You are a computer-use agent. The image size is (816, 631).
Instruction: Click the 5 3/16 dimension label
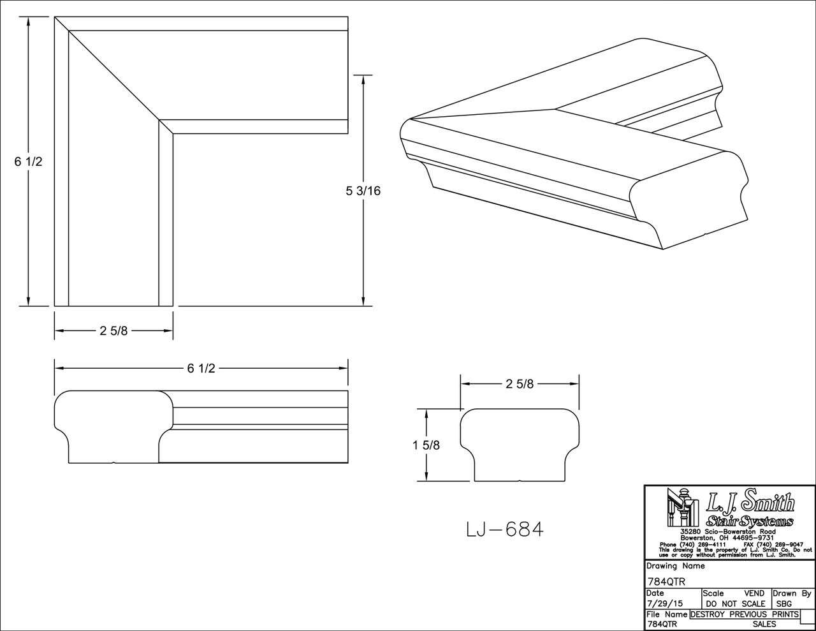[x=363, y=191]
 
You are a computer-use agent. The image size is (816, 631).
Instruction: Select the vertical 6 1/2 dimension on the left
[x=28, y=162]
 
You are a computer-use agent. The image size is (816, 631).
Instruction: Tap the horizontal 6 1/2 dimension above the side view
[x=201, y=368]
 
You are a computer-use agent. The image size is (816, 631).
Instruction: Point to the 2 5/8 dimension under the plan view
[x=113, y=331]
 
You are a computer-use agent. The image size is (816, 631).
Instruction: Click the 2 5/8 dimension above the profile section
[x=520, y=383]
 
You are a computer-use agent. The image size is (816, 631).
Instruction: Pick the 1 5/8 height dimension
[x=426, y=445]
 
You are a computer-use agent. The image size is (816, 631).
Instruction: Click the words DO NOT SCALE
[x=735, y=603]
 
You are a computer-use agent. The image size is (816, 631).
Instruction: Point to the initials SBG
[x=783, y=603]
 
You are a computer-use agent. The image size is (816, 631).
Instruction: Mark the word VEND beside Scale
[x=754, y=593]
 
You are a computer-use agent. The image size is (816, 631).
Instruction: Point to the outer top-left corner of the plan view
[x=55, y=17]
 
